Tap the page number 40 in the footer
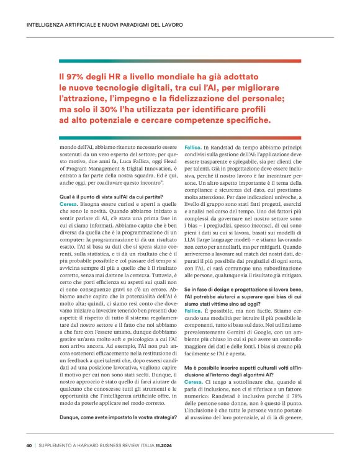click(29, 445)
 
